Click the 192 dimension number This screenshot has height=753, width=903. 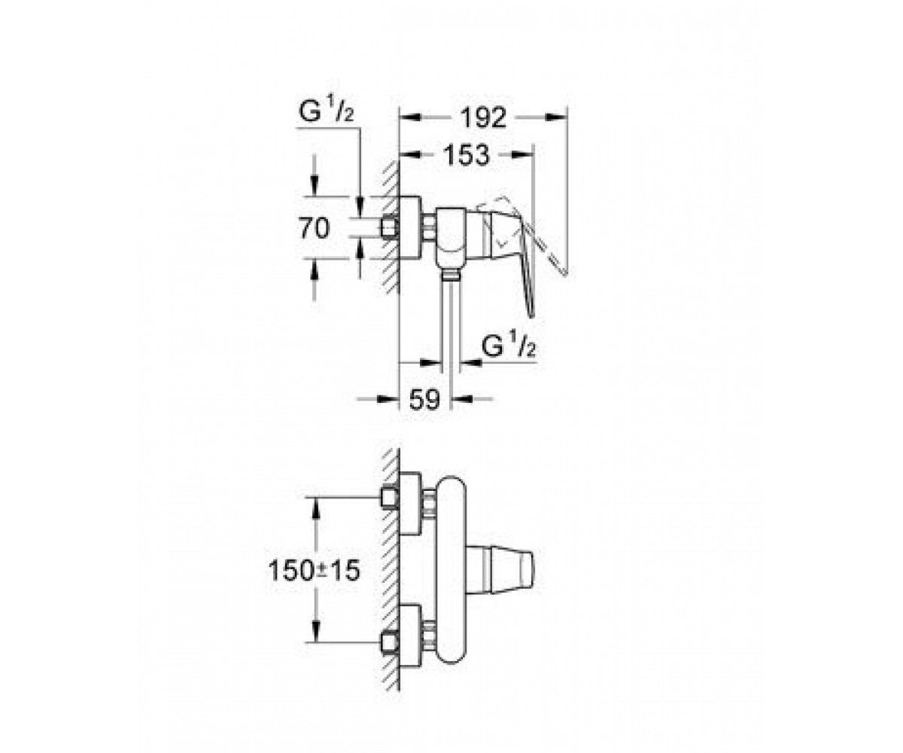pos(483,117)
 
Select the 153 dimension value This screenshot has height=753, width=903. pos(467,155)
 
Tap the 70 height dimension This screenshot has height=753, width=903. pos(315,227)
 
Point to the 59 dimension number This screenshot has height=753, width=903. pos(424,399)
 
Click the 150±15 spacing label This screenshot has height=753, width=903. pos(315,570)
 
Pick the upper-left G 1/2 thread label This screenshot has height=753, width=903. pos(326,111)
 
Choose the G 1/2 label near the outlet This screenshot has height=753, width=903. pos(509,343)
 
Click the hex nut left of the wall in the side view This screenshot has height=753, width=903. pos(390,227)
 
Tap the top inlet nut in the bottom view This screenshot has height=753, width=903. pos(390,498)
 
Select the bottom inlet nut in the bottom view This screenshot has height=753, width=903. pos(390,643)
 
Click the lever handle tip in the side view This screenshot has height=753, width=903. pos(531,313)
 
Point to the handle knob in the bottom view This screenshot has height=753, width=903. pos(500,570)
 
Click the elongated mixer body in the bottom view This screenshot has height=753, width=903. pos(451,571)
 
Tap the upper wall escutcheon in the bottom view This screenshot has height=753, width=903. pos(410,503)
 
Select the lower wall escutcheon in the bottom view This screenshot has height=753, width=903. pos(410,637)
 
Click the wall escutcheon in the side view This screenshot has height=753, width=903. pos(410,227)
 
